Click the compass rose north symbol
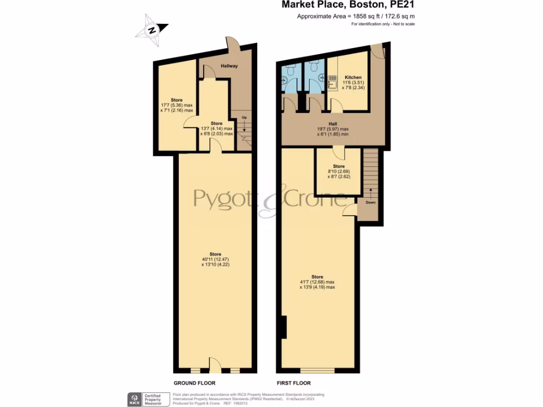click(152, 29)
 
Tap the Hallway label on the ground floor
click(229, 66)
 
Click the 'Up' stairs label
click(244, 117)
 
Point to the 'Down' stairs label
click(371, 202)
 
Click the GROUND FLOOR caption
click(195, 383)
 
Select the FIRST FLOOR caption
click(293, 383)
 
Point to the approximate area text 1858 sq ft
click(356, 16)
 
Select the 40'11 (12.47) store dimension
click(215, 259)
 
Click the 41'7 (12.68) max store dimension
click(317, 282)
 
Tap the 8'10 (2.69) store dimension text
click(338, 171)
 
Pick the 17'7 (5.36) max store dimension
click(177, 105)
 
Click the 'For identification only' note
click(383, 24)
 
